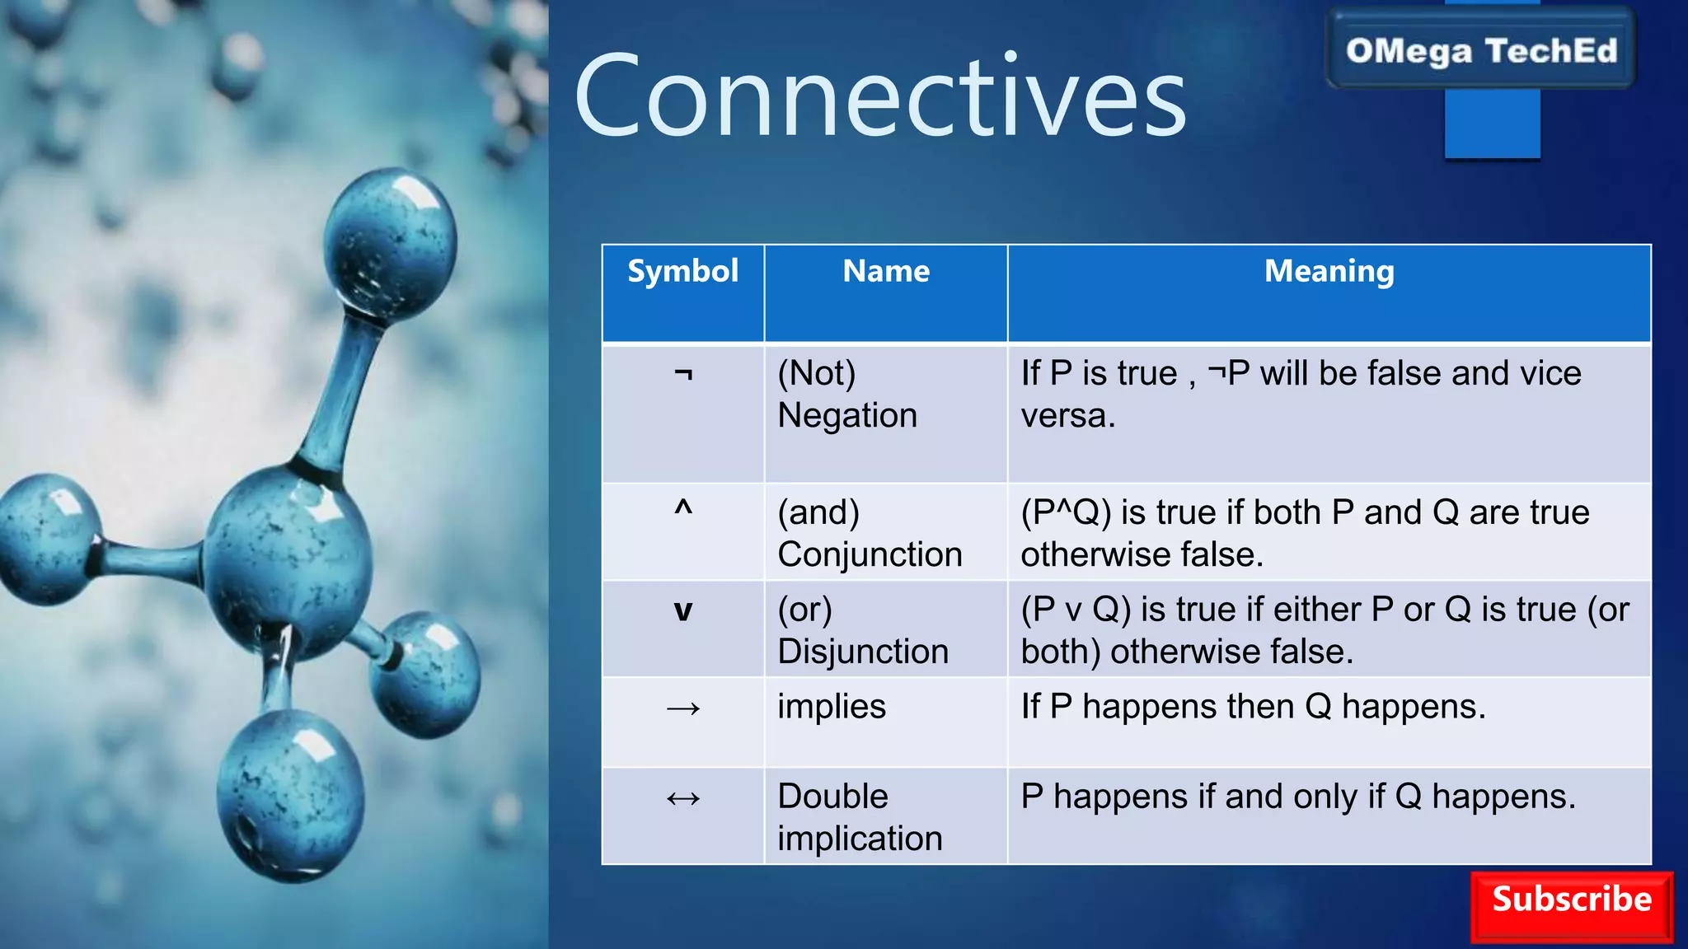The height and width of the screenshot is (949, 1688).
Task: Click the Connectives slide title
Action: pos(880,96)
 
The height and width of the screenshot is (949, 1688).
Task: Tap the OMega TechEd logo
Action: pos(1481,50)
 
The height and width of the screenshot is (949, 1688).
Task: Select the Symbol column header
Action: pos(682,271)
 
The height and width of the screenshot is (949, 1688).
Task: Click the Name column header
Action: pos(886,271)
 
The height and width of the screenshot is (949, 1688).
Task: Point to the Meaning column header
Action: pos(1329,271)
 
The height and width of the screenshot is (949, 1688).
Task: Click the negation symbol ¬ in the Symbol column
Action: pos(683,375)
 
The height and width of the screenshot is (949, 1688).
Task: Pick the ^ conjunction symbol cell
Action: pos(683,508)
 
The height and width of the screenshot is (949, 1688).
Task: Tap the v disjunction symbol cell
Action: pos(683,611)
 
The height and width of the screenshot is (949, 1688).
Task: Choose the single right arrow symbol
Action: pos(683,708)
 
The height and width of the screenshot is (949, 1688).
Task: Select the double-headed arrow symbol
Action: pos(683,798)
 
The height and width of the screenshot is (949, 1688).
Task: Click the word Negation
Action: pos(847,415)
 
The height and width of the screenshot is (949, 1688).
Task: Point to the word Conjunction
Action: pos(870,554)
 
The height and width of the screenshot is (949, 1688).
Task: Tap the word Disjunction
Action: pos(863,652)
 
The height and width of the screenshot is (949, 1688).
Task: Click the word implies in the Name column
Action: pos(831,707)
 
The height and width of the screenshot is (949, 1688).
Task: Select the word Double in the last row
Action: pos(832,797)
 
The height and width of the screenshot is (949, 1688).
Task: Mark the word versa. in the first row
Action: pos(1067,415)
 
